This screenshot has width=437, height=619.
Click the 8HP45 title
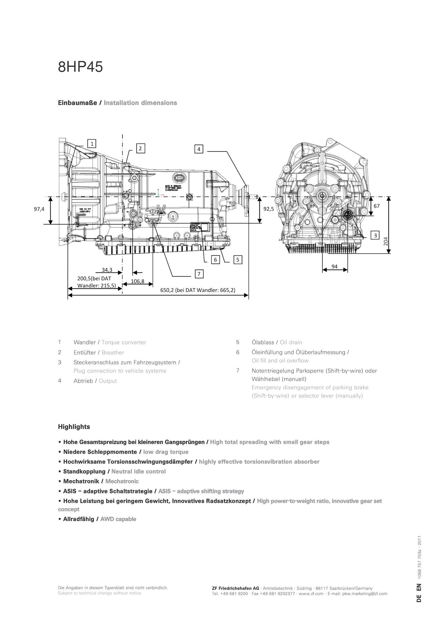(x=81, y=67)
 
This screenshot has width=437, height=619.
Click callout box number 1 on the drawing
(x=92, y=143)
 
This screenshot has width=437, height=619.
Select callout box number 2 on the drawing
(x=140, y=148)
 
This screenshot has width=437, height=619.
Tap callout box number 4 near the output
(x=199, y=149)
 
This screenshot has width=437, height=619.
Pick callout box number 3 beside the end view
(x=375, y=235)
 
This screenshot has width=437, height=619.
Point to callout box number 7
(x=199, y=274)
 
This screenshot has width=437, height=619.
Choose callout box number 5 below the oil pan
(x=238, y=260)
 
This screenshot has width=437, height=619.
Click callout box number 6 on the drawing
(x=215, y=260)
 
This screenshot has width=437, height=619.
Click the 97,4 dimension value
(x=39, y=209)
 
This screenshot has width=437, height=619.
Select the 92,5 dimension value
(x=269, y=209)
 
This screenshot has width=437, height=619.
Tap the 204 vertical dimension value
(x=386, y=241)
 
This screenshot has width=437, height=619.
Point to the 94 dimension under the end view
(x=335, y=266)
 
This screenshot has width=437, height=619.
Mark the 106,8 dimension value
(x=138, y=281)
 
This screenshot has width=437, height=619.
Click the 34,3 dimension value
(x=107, y=270)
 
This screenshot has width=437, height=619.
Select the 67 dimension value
(x=376, y=206)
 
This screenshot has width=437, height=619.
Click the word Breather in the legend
(x=113, y=353)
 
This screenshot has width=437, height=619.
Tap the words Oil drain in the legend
(x=291, y=342)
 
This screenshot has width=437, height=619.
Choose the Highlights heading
(x=74, y=427)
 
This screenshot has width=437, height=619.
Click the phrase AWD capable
(x=118, y=519)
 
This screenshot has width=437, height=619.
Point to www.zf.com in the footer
(x=311, y=594)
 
